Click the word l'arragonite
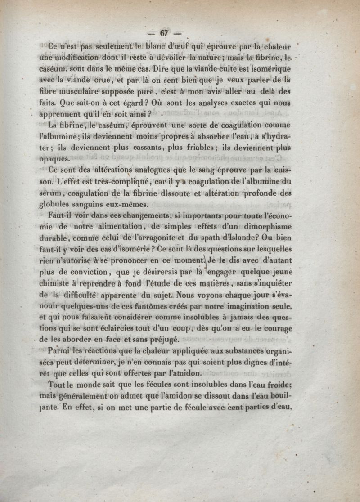(171, 238)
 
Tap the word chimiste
(62, 284)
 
